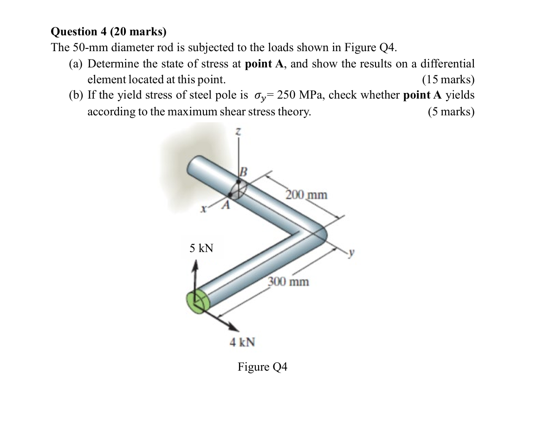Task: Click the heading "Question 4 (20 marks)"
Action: [108, 32]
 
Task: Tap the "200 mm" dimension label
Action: [306, 194]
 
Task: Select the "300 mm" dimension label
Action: [288, 281]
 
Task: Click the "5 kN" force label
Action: [201, 248]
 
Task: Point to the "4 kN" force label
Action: [242, 343]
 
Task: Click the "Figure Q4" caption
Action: [262, 367]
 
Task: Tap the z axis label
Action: [239, 133]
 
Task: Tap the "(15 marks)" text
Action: [448, 80]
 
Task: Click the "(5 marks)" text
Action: [451, 112]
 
